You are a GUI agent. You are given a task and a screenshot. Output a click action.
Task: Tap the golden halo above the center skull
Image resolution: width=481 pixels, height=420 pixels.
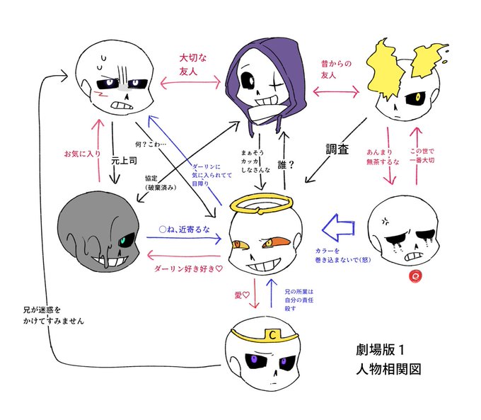point(265,209)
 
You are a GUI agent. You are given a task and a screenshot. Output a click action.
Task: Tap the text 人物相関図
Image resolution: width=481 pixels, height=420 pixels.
point(388,369)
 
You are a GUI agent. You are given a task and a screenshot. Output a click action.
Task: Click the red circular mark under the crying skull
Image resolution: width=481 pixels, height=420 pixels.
point(416,275)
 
